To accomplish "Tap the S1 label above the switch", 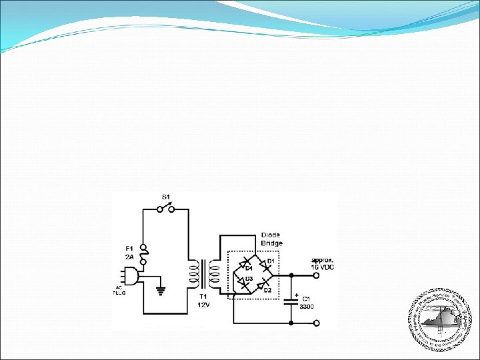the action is pyautogui.click(x=167, y=197).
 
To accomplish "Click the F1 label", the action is pyautogui.click(x=131, y=249).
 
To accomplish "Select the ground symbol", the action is pyautogui.click(x=160, y=289).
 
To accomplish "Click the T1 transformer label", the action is pyautogui.click(x=205, y=296).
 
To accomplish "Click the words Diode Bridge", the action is pyautogui.click(x=271, y=239).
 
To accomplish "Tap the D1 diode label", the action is pyautogui.click(x=271, y=260).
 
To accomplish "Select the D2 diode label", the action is pyautogui.click(x=267, y=290).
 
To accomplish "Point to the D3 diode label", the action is pyautogui.click(x=249, y=278).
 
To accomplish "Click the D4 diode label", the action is pyautogui.click(x=249, y=268).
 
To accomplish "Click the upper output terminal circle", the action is pyautogui.click(x=316, y=275).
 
